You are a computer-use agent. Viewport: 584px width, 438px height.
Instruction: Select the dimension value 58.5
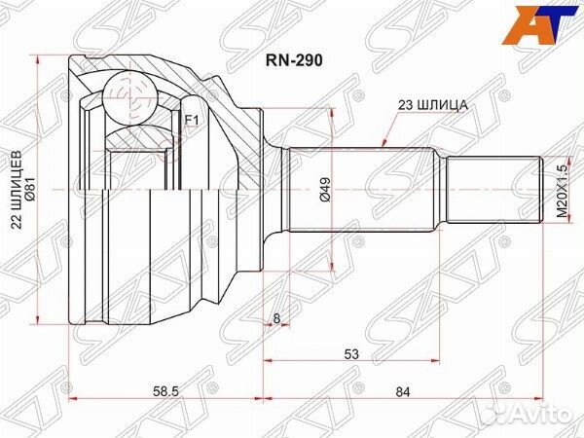click(x=166, y=392)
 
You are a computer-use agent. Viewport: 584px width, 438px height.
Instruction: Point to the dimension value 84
click(x=403, y=392)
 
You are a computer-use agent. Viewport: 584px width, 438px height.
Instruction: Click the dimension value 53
click(x=351, y=354)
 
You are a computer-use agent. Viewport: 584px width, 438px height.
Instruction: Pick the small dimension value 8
click(x=276, y=318)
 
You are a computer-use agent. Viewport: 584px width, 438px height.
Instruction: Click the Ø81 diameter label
click(x=30, y=188)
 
